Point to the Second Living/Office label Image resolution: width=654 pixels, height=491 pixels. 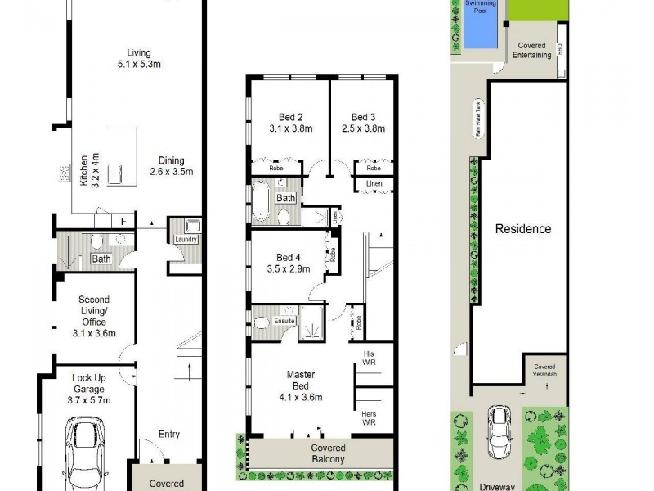coord(94,316)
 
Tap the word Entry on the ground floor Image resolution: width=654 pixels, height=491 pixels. coord(168,435)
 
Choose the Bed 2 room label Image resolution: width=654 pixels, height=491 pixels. coord(286,122)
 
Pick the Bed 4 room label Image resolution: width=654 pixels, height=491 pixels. coord(289,262)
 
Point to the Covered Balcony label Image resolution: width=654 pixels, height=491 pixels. coord(327,453)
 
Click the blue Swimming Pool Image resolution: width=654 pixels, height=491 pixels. coord(481,25)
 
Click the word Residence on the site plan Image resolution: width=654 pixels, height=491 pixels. coord(523,229)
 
